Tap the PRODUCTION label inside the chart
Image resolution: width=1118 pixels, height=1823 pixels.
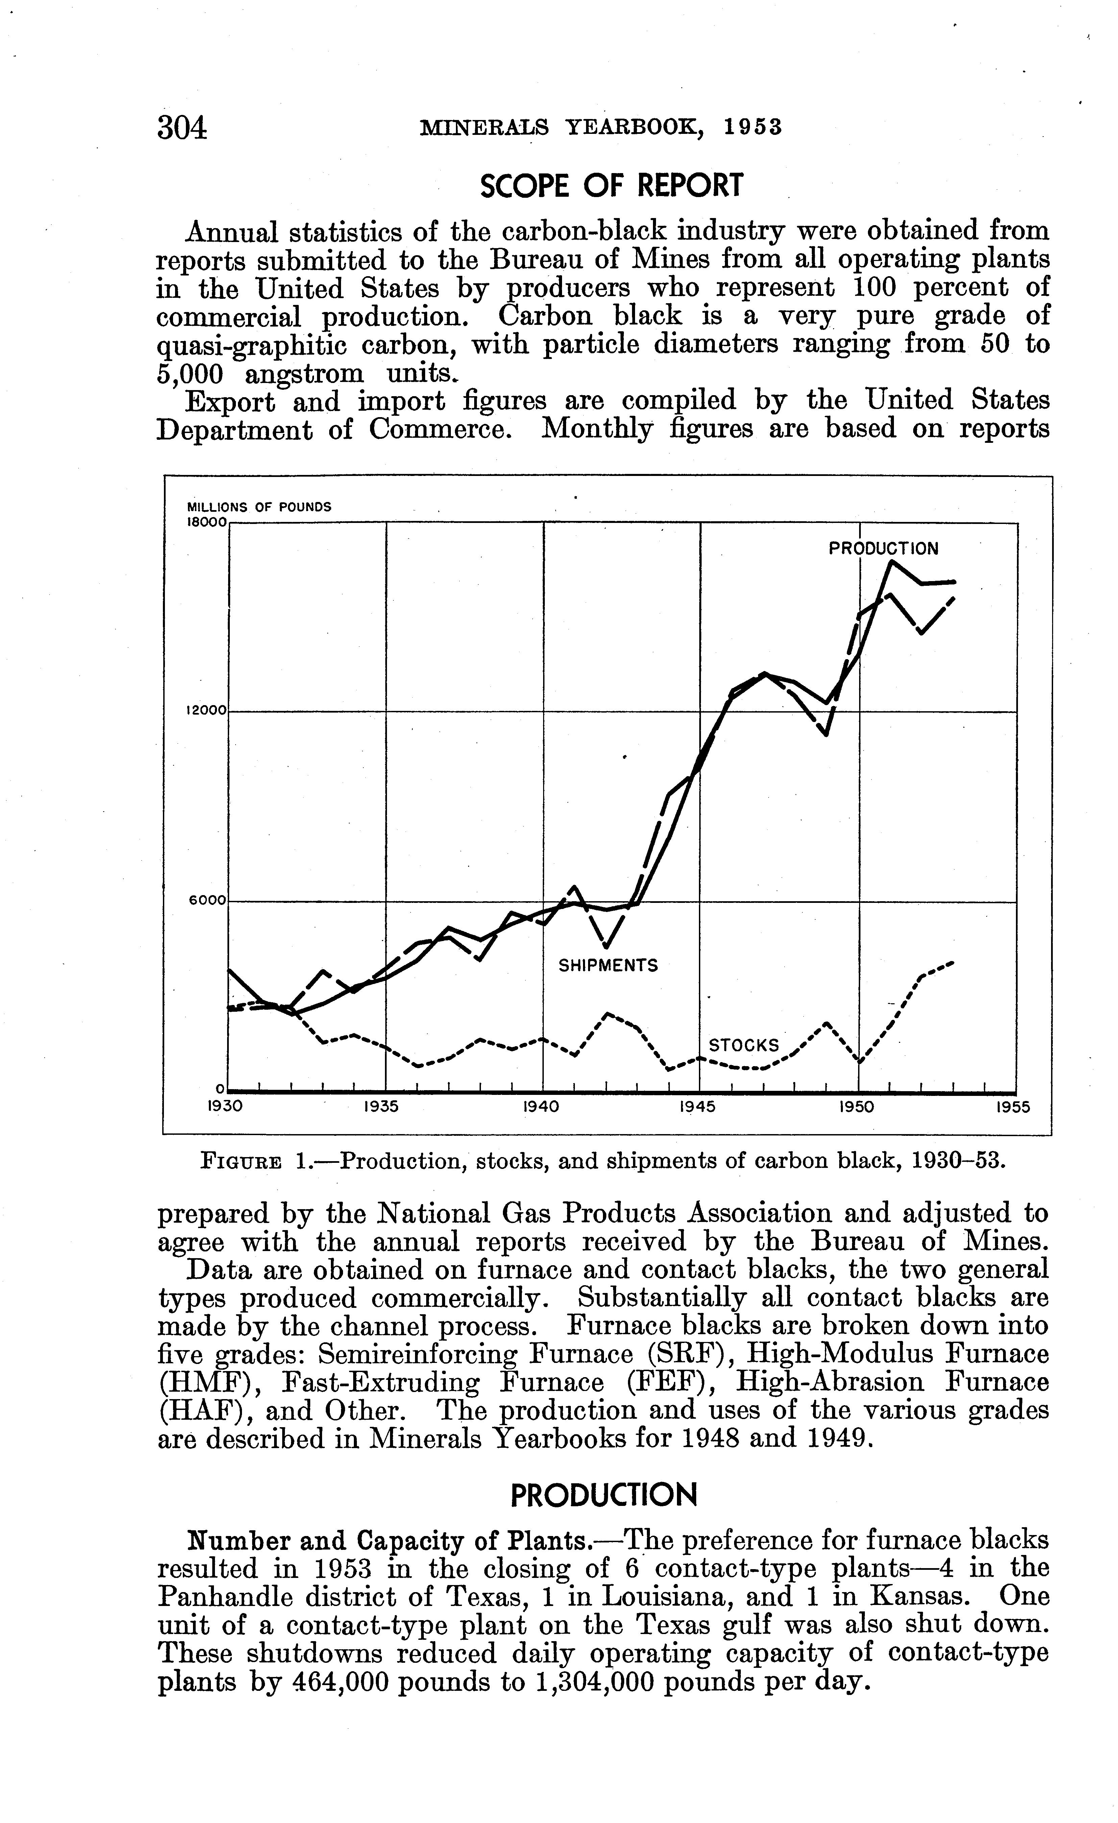[x=883, y=549]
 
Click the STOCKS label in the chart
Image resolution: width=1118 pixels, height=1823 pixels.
[x=744, y=1046]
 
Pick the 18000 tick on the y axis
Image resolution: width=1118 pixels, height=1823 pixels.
[x=207, y=522]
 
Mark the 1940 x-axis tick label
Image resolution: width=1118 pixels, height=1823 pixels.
[x=541, y=1108]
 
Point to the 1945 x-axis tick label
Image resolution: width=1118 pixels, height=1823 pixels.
[x=698, y=1108]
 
